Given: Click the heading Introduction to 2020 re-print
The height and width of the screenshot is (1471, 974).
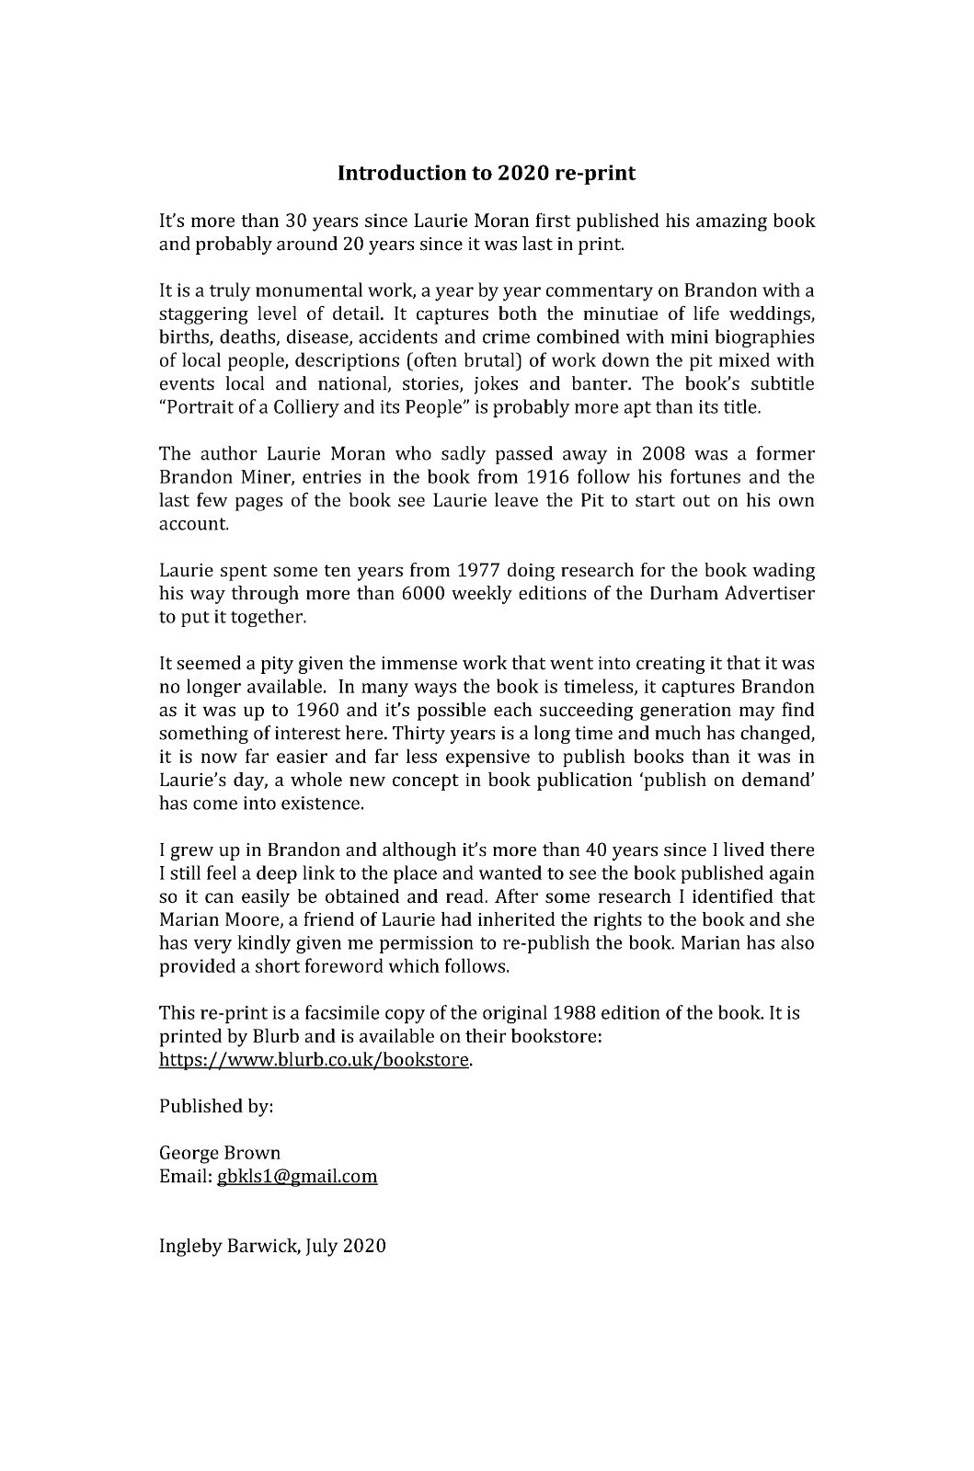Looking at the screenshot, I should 487,173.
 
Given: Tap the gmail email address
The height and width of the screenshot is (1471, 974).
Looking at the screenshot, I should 297,1177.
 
